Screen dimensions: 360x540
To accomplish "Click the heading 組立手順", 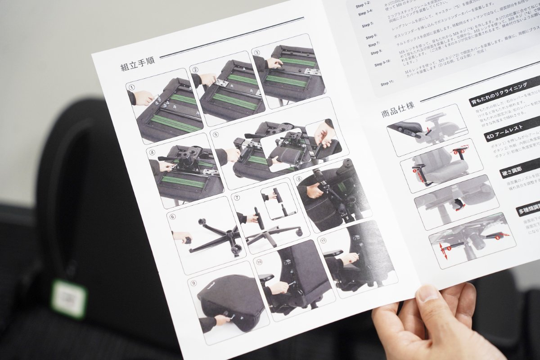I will [137, 63].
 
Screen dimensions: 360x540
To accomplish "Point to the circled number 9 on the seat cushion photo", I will [193, 283].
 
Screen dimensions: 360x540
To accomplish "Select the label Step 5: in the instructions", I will [368, 25].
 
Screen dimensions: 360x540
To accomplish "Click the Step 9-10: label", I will [383, 64].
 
